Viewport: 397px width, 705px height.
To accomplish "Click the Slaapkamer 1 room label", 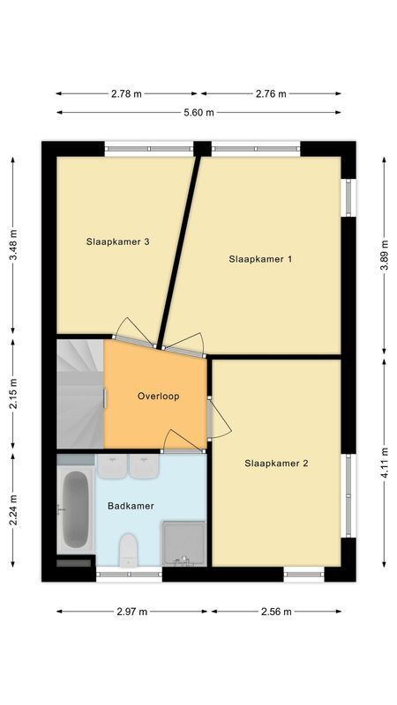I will [260, 259].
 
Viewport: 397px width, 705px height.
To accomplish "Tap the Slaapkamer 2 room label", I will [276, 463].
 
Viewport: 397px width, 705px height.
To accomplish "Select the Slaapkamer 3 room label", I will [116, 241].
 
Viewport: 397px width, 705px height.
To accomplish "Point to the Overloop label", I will [158, 397].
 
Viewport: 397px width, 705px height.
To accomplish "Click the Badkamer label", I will [131, 506].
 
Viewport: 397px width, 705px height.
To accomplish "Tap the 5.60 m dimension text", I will [198, 112].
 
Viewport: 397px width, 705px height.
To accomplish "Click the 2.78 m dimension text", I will [128, 93].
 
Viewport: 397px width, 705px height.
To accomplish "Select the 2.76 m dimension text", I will [270, 93].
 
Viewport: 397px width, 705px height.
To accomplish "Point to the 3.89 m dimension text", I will [384, 256].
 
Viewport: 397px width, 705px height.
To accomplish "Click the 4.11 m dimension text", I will [384, 464].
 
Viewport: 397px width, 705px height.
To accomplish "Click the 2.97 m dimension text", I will [131, 611].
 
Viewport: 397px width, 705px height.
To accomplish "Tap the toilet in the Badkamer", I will [129, 550].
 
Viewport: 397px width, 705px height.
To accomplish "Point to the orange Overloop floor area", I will [154, 419].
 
